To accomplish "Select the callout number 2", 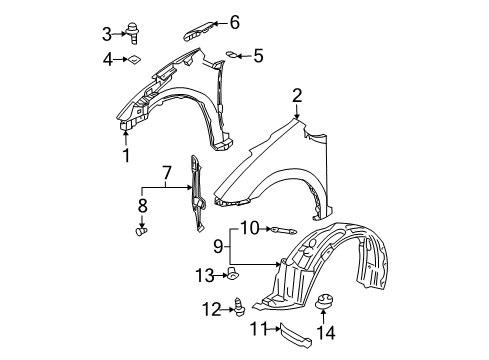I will click(x=297, y=95).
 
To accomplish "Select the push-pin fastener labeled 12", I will click(x=239, y=306).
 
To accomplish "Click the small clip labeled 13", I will click(x=232, y=273).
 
